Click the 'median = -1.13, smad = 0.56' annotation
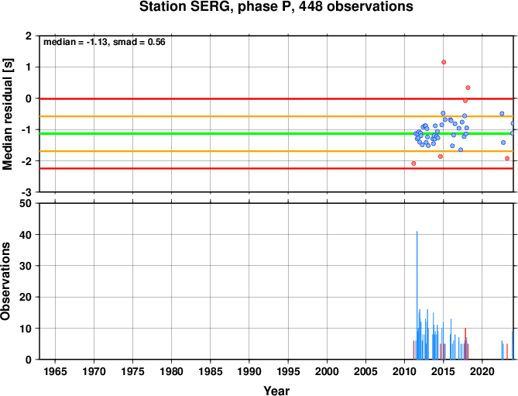[105, 42]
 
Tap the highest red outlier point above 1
[444, 62]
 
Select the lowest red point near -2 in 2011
[413, 164]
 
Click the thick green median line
[276, 133]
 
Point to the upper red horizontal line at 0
[276, 98]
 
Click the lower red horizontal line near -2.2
[276, 168]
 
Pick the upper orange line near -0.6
[276, 116]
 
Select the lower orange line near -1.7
[276, 151]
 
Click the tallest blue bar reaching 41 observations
[417, 295]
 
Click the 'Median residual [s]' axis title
[8, 114]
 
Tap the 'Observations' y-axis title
[5, 281]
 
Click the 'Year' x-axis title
[276, 391]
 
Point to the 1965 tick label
[55, 371]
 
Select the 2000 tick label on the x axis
[327, 371]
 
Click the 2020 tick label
[482, 371]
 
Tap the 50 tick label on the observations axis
[26, 204]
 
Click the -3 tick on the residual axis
[27, 192]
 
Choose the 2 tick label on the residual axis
[29, 36]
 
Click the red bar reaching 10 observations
[465, 344]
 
